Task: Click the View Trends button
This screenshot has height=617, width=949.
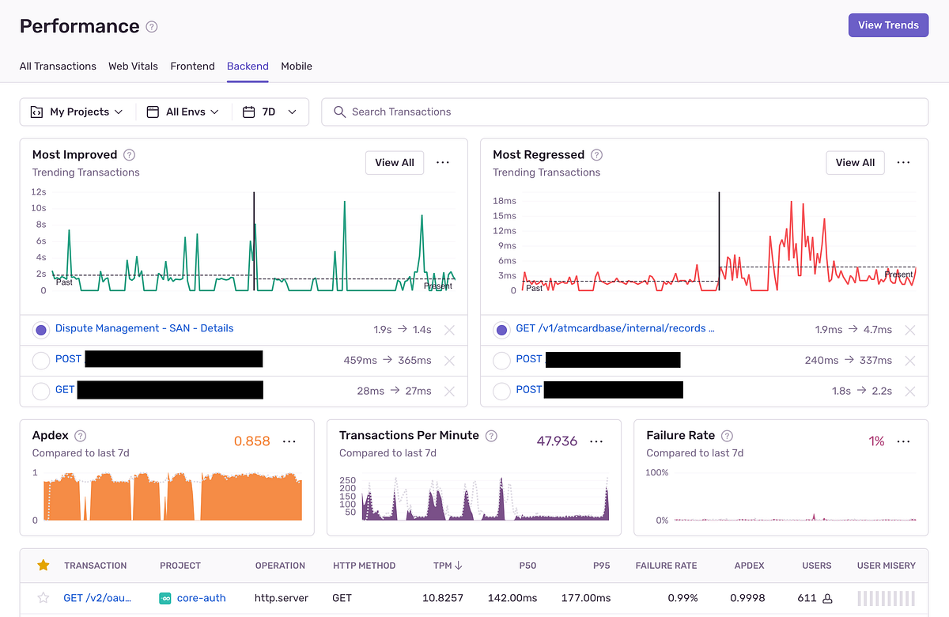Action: pyautogui.click(x=888, y=25)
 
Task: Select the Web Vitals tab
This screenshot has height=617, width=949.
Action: pyautogui.click(x=133, y=66)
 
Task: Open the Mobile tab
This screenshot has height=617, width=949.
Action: pyautogui.click(x=297, y=66)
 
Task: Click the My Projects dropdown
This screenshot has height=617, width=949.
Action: pyautogui.click(x=77, y=112)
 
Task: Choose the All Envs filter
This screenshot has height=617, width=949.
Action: pyautogui.click(x=183, y=112)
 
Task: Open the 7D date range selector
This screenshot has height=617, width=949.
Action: pyautogui.click(x=270, y=112)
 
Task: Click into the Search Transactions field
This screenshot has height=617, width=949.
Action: pyautogui.click(x=625, y=112)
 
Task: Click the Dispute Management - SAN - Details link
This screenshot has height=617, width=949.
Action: pyautogui.click(x=144, y=329)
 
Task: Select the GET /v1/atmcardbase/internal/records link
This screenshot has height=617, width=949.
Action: pyautogui.click(x=614, y=329)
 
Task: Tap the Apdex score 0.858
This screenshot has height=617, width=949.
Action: pyautogui.click(x=251, y=441)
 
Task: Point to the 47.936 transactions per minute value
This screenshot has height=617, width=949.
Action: pyautogui.click(x=557, y=441)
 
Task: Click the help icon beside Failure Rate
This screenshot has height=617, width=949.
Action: pyautogui.click(x=727, y=436)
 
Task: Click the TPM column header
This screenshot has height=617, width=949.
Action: pyautogui.click(x=448, y=566)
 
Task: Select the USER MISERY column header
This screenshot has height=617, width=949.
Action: pyautogui.click(x=886, y=566)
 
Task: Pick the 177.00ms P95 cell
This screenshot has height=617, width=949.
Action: pyautogui.click(x=585, y=598)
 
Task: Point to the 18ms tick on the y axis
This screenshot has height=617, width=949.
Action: pyautogui.click(x=504, y=202)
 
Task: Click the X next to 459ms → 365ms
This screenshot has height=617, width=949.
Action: pyautogui.click(x=449, y=361)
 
